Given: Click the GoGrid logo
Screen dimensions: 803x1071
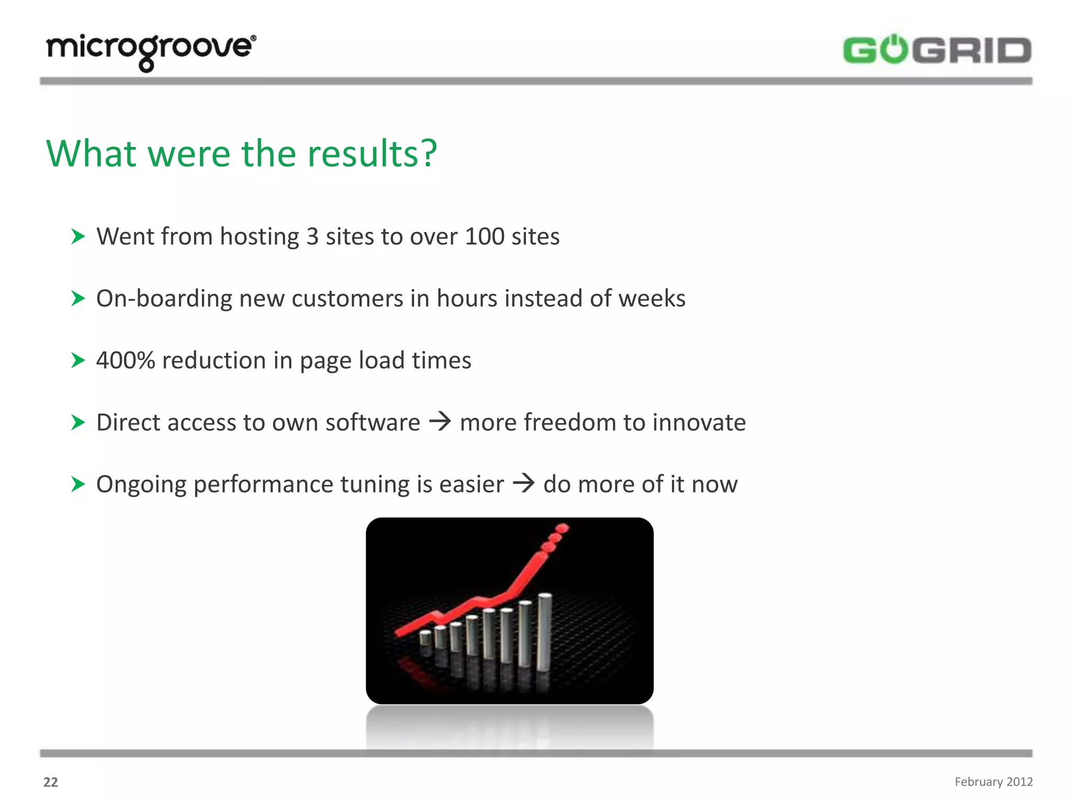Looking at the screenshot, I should [937, 50].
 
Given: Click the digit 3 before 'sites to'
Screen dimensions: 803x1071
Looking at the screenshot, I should [312, 236].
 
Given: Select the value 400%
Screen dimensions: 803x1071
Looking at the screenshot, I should [126, 360].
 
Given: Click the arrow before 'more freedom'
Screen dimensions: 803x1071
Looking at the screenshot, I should [440, 421].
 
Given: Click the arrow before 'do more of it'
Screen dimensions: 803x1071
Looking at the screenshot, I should [523, 483].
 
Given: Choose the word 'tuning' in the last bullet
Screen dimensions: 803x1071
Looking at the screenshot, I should [375, 485].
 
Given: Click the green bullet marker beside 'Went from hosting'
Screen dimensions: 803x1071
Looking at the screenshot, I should [78, 236].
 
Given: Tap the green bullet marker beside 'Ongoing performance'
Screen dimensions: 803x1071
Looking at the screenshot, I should [78, 484].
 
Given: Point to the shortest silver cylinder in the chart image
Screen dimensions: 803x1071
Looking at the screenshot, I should [426, 638].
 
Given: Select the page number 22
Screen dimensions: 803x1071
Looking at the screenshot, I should [51, 782].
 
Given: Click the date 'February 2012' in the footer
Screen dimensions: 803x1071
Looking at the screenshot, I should [993, 782].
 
